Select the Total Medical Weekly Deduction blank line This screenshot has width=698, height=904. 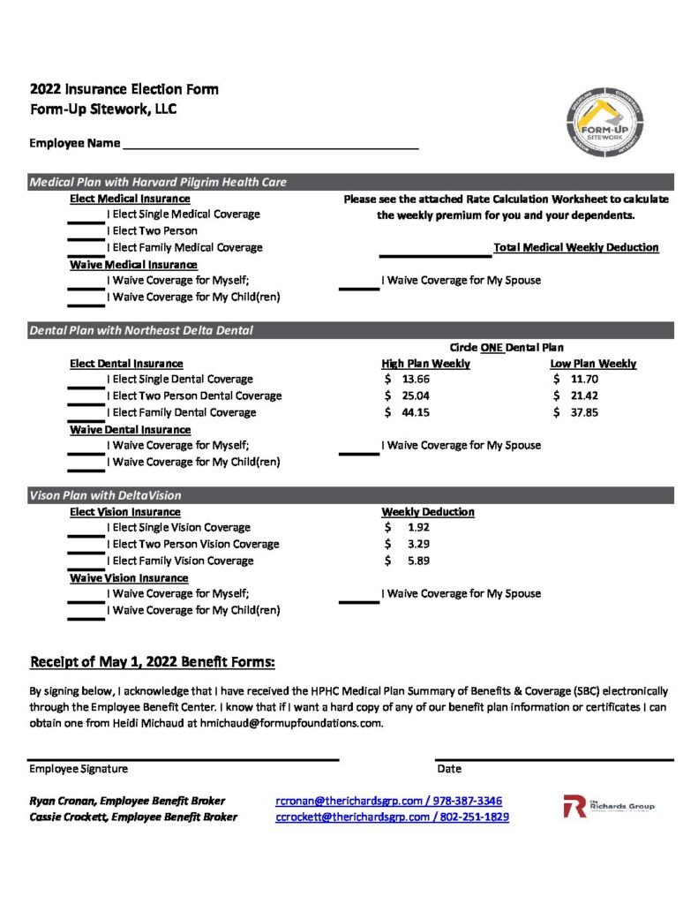coord(434,255)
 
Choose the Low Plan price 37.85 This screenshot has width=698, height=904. coord(584,412)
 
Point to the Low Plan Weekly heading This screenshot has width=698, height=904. coord(593,364)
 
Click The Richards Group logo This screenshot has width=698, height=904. coord(609,806)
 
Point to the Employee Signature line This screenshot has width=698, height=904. coord(183,758)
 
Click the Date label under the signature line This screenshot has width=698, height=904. coord(449,770)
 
